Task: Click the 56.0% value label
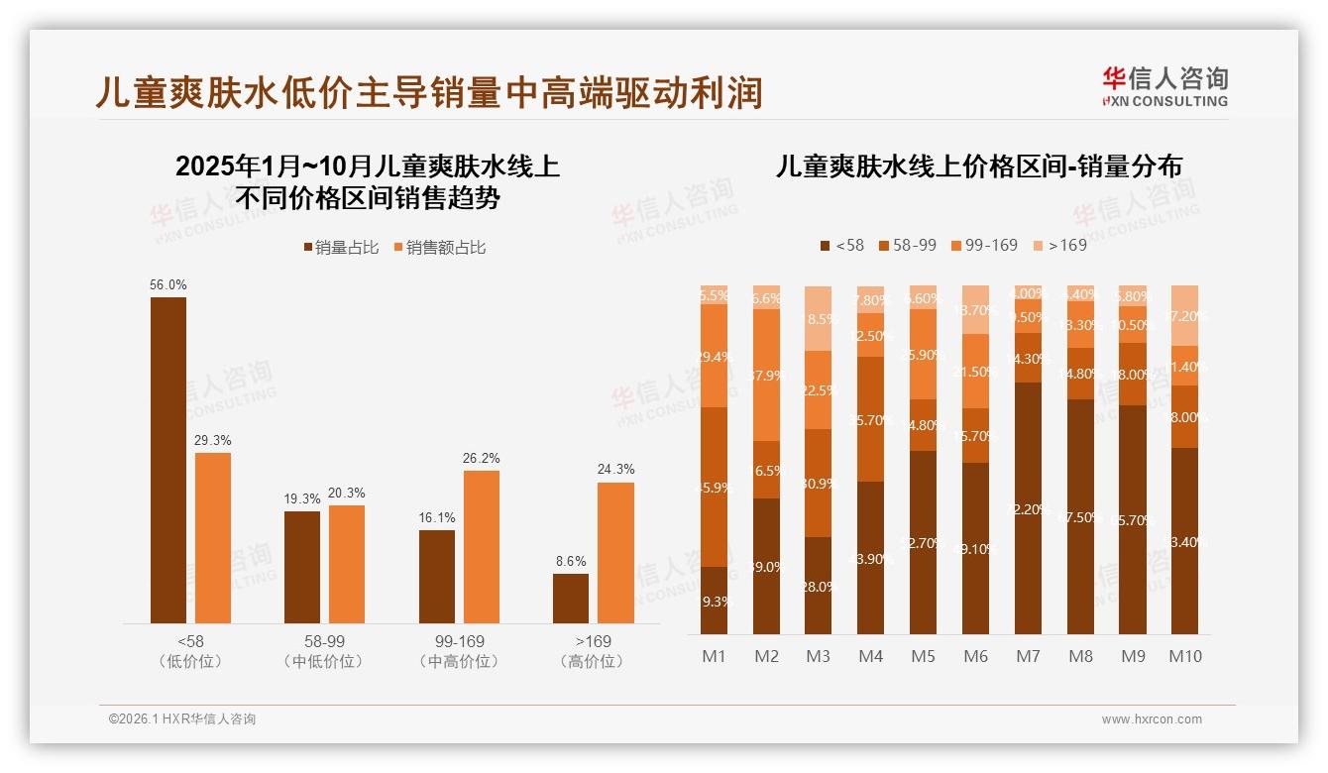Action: pyautogui.click(x=168, y=285)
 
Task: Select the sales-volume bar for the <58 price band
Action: pyautogui.click(x=168, y=461)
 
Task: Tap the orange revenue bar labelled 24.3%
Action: pyautogui.click(x=615, y=553)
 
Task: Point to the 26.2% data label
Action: pyautogui.click(x=482, y=459)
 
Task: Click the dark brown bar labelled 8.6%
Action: pyautogui.click(x=571, y=599)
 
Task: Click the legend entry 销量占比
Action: pyautogui.click(x=341, y=248)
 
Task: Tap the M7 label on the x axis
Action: pyautogui.click(x=1028, y=656)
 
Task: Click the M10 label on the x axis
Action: pyautogui.click(x=1184, y=656)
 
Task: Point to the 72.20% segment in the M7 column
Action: pyautogui.click(x=1028, y=508)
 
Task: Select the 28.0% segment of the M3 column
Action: pyautogui.click(x=818, y=586)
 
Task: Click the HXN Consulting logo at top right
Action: pyautogui.click(x=1164, y=86)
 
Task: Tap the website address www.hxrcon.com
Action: pyautogui.click(x=1151, y=719)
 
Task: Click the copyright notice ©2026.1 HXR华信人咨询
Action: pyautogui.click(x=182, y=719)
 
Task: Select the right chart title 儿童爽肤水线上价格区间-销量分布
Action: pyautogui.click(x=978, y=166)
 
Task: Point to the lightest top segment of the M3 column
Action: pyautogui.click(x=818, y=318)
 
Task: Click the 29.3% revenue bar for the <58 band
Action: pyautogui.click(x=213, y=538)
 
